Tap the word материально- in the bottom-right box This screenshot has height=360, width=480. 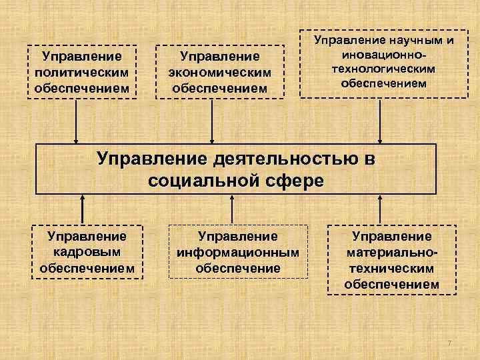click(392, 253)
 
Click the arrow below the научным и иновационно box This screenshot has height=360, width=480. click(380, 120)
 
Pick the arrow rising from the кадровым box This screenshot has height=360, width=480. click(83, 209)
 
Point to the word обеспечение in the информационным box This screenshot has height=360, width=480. click(238, 269)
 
